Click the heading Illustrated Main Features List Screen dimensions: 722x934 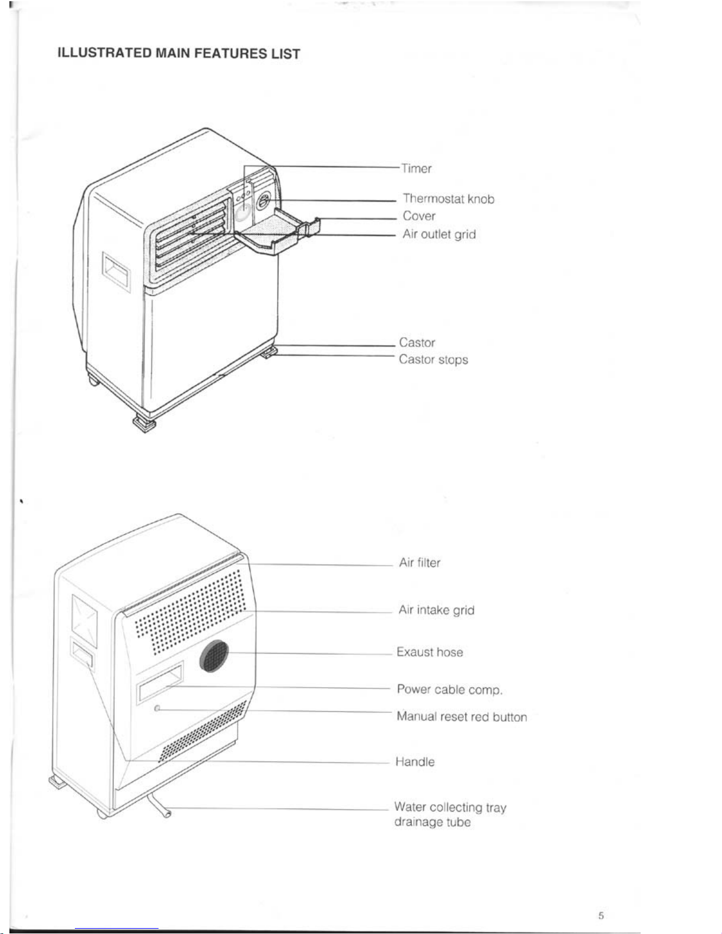click(x=179, y=53)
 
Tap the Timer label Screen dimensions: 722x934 click(x=416, y=169)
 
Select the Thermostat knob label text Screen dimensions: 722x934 click(x=449, y=199)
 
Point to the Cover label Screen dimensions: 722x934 click(x=419, y=216)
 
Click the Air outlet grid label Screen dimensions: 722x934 click(x=439, y=235)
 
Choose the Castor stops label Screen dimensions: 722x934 click(x=433, y=359)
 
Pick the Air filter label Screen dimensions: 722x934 click(x=420, y=563)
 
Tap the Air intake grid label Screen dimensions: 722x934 click(x=436, y=610)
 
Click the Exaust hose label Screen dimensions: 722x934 click(x=430, y=652)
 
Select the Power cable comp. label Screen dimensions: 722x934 click(x=450, y=689)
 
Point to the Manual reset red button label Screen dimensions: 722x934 click(x=462, y=717)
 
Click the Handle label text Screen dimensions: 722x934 click(x=415, y=762)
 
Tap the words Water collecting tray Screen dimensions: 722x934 click(x=450, y=807)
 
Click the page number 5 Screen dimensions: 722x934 click(x=601, y=916)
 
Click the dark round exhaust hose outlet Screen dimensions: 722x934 click(x=213, y=656)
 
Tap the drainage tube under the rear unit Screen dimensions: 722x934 click(x=159, y=806)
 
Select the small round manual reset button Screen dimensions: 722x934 click(x=157, y=708)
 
